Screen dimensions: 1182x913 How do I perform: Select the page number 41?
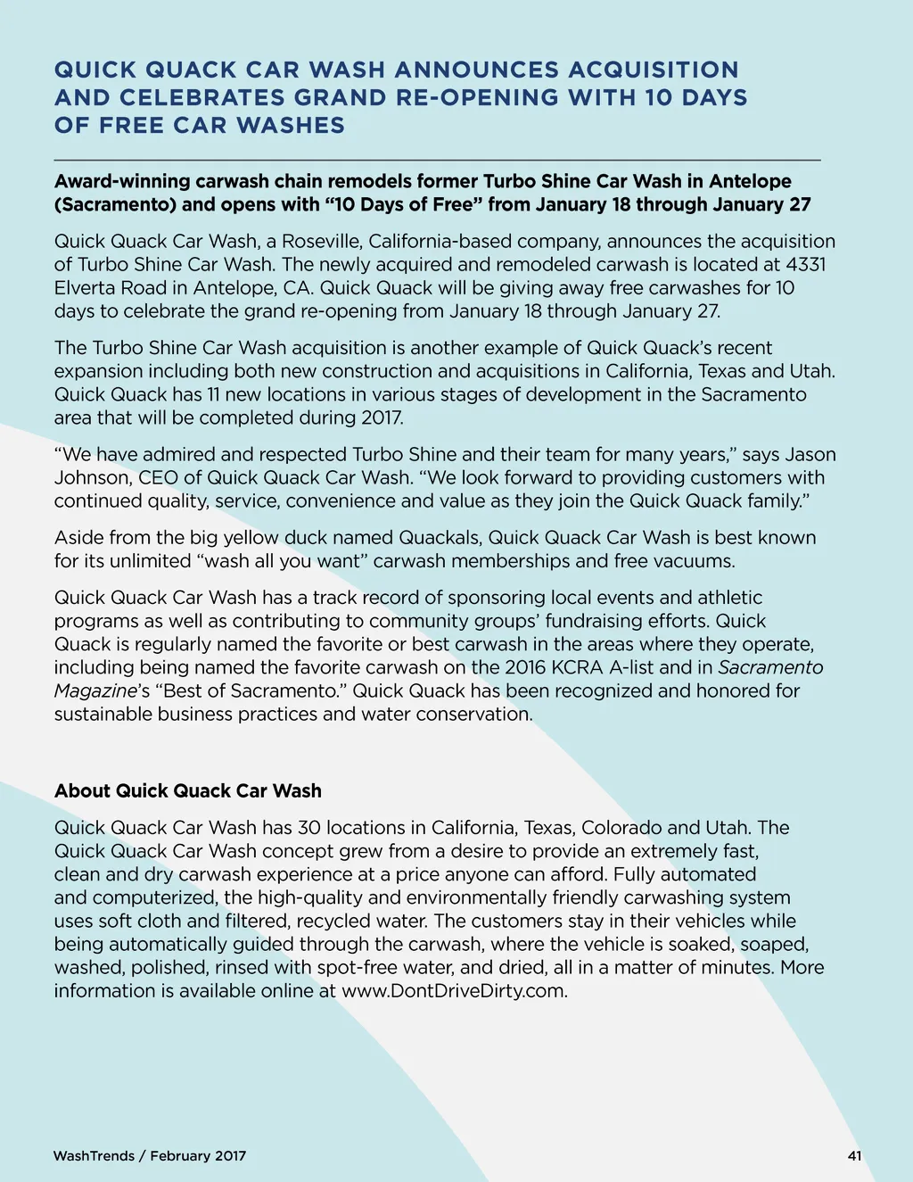tap(854, 1156)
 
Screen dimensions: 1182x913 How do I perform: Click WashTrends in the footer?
tap(94, 1156)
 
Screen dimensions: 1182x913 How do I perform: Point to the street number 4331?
tap(806, 264)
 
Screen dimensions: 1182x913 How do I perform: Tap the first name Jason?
tap(810, 454)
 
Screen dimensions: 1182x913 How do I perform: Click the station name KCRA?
tap(578, 667)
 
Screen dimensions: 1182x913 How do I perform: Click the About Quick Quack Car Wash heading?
tap(187, 790)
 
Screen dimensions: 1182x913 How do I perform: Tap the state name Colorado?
tap(621, 827)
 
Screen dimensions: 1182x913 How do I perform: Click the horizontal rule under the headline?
tap(437, 160)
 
